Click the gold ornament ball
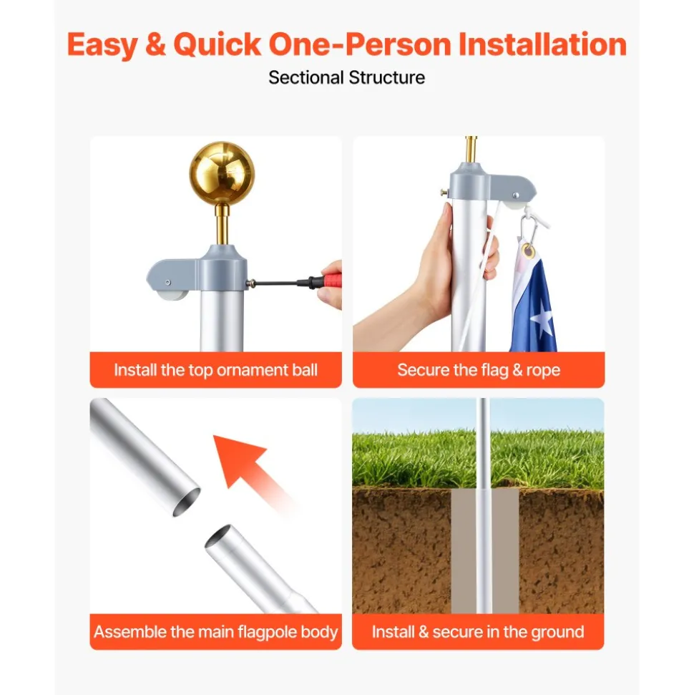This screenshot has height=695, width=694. [x=222, y=174]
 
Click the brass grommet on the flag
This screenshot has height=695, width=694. [x=528, y=251]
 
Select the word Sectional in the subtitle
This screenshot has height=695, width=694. [x=306, y=77]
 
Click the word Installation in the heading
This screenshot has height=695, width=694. [x=542, y=44]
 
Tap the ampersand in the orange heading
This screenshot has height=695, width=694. [x=155, y=44]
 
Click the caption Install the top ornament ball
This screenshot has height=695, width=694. [x=216, y=369]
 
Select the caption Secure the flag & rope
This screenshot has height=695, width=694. [x=479, y=369]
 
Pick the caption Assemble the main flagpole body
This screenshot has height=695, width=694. [x=216, y=631]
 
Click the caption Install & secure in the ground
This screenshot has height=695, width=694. [x=478, y=631]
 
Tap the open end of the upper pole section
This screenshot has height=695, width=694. [x=187, y=502]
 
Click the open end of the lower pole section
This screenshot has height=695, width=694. [x=218, y=535]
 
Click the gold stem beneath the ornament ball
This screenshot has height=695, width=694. [x=222, y=225]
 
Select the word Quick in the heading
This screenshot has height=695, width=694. [x=218, y=44]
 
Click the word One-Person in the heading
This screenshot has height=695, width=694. [x=359, y=44]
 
